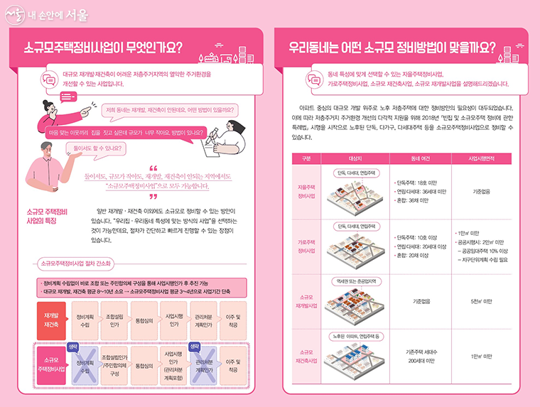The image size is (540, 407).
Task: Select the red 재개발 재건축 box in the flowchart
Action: [x=50, y=319]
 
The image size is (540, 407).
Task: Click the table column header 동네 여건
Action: [x=411, y=158]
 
